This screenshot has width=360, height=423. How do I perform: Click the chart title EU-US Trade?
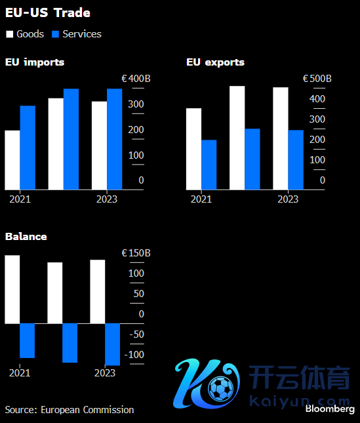pos(48,12)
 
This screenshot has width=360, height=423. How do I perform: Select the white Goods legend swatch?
pos(9,34)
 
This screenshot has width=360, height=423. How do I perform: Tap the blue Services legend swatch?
pos(55,34)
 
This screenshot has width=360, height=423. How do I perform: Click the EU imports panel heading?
pos(35,62)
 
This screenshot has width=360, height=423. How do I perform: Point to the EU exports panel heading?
pos(216,62)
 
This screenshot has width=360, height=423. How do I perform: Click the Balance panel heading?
pos(26,237)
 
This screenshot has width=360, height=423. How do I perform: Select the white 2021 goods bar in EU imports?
pos(12,160)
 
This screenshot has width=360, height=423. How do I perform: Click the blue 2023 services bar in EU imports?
pos(115,139)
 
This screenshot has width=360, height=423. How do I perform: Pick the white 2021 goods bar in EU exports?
pos(193,149)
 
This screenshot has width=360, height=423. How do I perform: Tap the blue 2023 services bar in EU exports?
pos(296,160)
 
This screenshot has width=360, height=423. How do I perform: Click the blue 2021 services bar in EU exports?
pos(209,165)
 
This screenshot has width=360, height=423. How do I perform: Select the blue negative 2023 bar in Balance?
pos(112,344)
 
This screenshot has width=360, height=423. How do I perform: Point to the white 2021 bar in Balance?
pos(12,289)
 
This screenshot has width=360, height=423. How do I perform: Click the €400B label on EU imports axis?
pos(136,79)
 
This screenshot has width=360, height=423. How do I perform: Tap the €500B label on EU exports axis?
pos(317,79)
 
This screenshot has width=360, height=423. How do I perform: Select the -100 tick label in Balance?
pos(134,355)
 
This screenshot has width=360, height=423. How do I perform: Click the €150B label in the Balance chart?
pos(136,253)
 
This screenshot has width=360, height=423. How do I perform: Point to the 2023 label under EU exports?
pos(288,199)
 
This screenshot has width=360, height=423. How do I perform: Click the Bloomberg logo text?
pos(330,409)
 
